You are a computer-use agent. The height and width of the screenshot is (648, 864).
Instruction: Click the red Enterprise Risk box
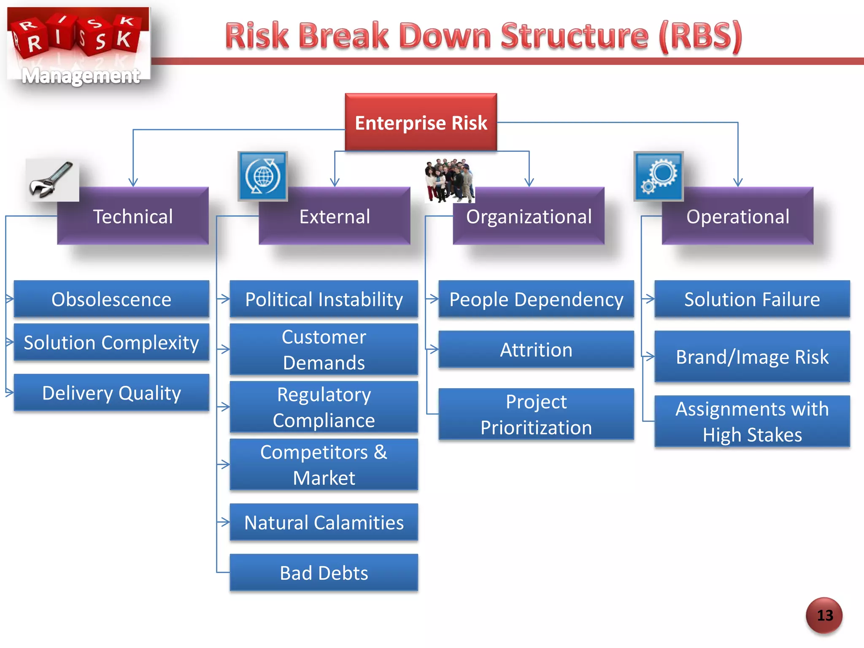click(x=421, y=122)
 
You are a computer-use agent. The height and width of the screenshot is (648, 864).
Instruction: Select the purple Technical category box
click(x=133, y=216)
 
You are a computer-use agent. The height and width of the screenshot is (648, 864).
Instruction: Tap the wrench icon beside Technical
click(x=52, y=180)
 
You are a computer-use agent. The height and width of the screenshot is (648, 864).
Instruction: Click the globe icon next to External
click(x=262, y=176)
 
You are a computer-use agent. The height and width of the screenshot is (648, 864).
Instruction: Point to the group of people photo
click(x=449, y=180)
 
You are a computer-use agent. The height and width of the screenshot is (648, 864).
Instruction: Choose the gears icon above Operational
click(x=658, y=176)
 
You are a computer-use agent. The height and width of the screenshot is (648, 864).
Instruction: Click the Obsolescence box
click(x=111, y=299)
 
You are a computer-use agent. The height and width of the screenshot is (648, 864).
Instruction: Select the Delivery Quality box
click(x=111, y=393)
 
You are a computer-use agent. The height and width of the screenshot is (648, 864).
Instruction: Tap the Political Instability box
click(x=324, y=299)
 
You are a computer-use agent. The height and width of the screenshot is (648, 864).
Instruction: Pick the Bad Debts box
click(x=324, y=573)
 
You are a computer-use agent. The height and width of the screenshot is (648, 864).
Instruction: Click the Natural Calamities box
click(x=324, y=522)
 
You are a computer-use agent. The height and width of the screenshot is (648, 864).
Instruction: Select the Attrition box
click(x=536, y=350)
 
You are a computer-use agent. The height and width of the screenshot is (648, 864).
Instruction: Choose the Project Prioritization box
click(x=536, y=414)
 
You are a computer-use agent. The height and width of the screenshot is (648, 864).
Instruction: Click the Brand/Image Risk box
click(x=752, y=357)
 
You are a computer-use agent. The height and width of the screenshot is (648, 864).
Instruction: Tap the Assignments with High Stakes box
click(x=752, y=421)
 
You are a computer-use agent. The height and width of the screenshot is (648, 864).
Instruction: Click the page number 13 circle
click(x=824, y=615)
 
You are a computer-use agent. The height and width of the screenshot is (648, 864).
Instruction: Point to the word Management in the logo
click(x=80, y=76)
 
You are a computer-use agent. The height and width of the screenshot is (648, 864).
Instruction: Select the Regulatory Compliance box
click(x=324, y=407)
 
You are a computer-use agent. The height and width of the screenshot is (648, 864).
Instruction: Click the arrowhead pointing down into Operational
click(x=737, y=182)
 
